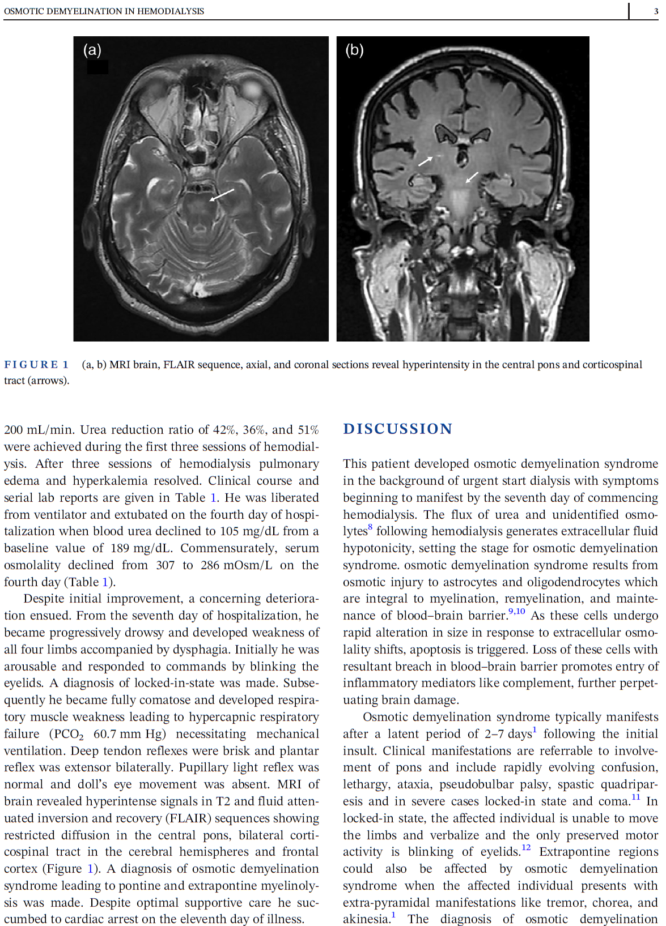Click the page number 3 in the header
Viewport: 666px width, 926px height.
656,11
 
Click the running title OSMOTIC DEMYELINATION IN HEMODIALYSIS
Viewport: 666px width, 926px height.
104,11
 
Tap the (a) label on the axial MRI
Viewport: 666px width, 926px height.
92,50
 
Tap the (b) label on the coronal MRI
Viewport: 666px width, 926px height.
354,50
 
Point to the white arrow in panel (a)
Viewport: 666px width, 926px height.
222,195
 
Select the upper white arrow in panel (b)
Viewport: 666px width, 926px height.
425,161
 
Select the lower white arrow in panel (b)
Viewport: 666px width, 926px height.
472,177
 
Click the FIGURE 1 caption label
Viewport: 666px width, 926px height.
36,365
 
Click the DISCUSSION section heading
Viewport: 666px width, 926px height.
397,429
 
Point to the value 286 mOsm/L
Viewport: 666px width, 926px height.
236,565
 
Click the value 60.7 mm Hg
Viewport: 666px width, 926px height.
129,734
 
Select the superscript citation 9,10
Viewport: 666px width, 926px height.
516,612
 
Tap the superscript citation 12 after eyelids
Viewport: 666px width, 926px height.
526,848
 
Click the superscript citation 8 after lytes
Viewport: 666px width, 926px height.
370,527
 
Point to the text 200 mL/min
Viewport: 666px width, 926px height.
39,430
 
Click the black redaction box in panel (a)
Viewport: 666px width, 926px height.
97,67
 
